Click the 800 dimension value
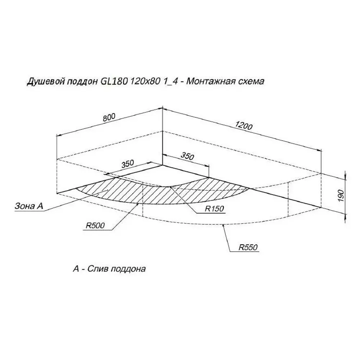coord(109,117)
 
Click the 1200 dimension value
coord(244,125)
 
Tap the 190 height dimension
coord(341,195)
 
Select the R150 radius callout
coord(214,208)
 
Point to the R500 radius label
coord(95,225)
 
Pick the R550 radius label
coord(248,247)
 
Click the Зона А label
coord(29,206)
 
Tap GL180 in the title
coord(114,81)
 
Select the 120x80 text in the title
coord(145,81)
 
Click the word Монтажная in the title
coord(208,81)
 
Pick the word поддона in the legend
coord(128,269)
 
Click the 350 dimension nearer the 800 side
coord(127,164)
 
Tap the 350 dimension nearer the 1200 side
coord(187,156)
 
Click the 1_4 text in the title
coord(171,81)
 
